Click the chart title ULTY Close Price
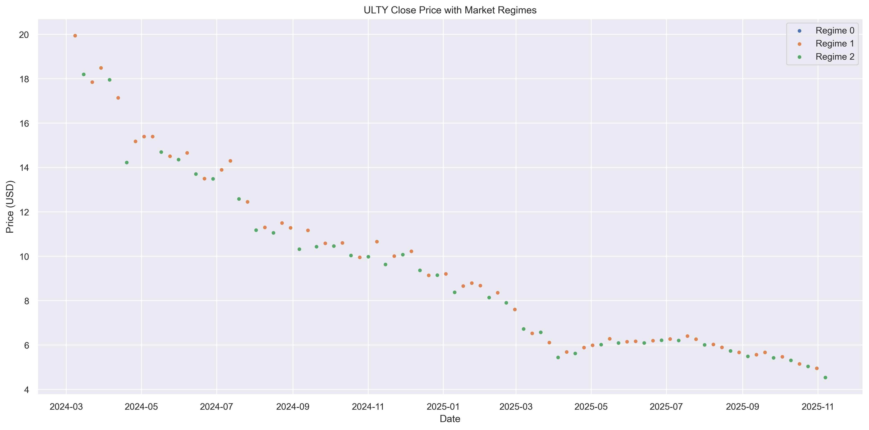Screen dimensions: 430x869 pos(450,10)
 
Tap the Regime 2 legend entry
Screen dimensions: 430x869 pos(835,57)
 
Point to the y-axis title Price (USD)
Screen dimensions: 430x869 pos(10,207)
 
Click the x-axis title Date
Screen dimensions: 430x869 pos(450,419)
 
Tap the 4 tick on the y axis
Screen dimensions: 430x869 pos(26,390)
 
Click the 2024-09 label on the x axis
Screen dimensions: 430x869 pos(293,407)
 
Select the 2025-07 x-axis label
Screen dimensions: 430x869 pos(666,407)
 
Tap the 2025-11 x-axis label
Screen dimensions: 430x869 pos(818,407)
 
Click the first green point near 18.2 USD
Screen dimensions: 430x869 pos(84,74)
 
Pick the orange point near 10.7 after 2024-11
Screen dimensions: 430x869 pos(377,242)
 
